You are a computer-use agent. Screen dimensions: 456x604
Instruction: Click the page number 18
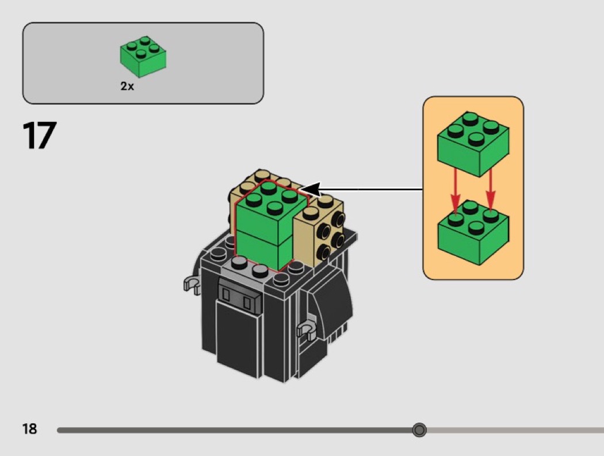tap(29, 428)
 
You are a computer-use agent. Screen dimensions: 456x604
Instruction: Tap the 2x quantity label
tap(127, 86)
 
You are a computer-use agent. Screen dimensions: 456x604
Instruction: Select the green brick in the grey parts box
tap(143, 57)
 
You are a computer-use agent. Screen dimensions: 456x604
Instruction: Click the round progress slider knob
tap(419, 430)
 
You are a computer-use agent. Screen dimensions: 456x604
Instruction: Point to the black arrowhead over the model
tap(309, 190)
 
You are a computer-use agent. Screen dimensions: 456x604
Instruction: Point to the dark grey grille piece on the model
tap(238, 296)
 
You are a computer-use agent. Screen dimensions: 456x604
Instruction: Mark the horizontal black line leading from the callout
tap(374, 189)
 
